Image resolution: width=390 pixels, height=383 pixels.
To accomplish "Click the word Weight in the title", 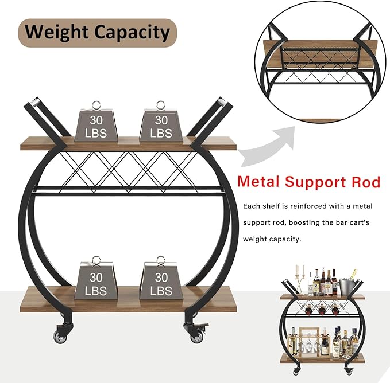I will pyautogui.click(x=55, y=32).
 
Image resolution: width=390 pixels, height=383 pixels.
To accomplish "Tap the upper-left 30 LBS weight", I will pyautogui.click(x=96, y=125).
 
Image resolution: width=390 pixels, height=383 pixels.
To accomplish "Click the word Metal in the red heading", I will pyautogui.click(x=262, y=182).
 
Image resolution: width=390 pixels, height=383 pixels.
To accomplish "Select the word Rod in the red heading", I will pyautogui.click(x=365, y=182).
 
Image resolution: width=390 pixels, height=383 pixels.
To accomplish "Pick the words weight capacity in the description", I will pyautogui.click(x=272, y=239).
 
